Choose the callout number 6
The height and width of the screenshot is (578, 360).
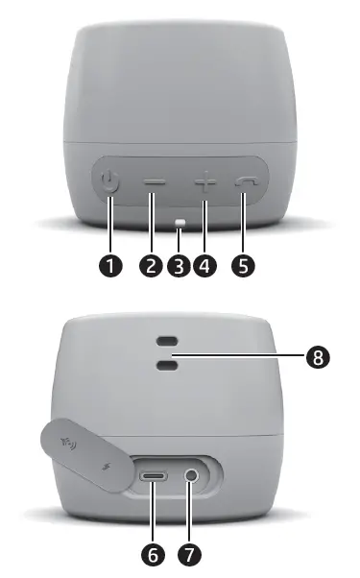(151, 554)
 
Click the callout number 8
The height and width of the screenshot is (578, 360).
(319, 356)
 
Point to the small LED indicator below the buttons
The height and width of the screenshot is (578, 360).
(180, 226)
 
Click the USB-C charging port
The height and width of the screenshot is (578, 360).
(154, 475)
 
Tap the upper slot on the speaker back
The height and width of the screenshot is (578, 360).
(167, 343)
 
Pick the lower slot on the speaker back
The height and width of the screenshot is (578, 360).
(167, 364)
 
